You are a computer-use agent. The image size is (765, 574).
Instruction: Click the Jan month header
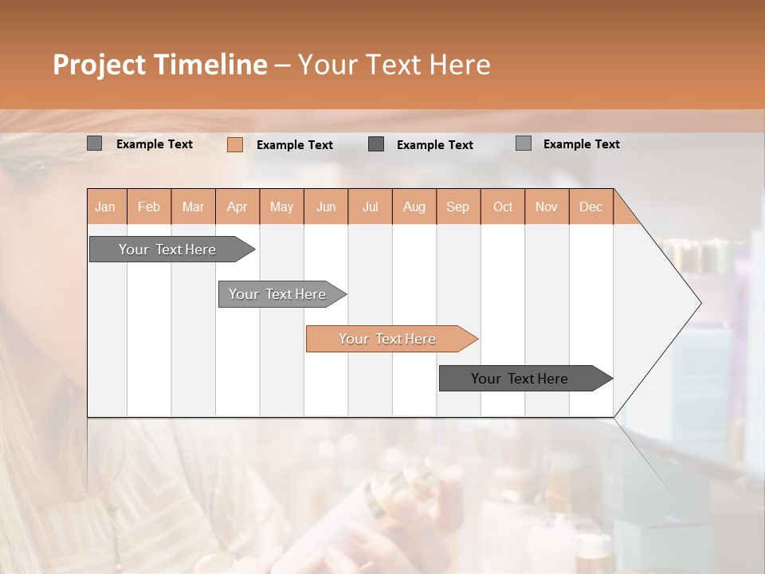click(105, 206)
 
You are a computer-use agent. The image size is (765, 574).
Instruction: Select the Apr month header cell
click(237, 206)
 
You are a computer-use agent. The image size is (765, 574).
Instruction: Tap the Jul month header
click(370, 206)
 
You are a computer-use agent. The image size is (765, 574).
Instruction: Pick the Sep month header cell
click(457, 206)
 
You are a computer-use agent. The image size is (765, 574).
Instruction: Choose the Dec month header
click(590, 206)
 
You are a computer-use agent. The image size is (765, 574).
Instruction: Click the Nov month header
click(546, 206)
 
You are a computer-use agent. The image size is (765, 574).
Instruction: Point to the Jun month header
click(326, 206)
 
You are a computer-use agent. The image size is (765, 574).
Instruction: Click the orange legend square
click(235, 144)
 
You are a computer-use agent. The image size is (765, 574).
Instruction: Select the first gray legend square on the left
click(94, 143)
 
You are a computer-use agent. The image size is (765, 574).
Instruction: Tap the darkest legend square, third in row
click(376, 144)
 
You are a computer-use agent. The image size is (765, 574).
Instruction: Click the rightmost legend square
click(524, 143)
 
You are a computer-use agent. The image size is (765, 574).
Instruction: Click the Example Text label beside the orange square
click(294, 145)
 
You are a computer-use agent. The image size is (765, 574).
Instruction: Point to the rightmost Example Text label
click(581, 144)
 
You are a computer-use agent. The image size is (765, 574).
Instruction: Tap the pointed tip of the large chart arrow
click(699, 303)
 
